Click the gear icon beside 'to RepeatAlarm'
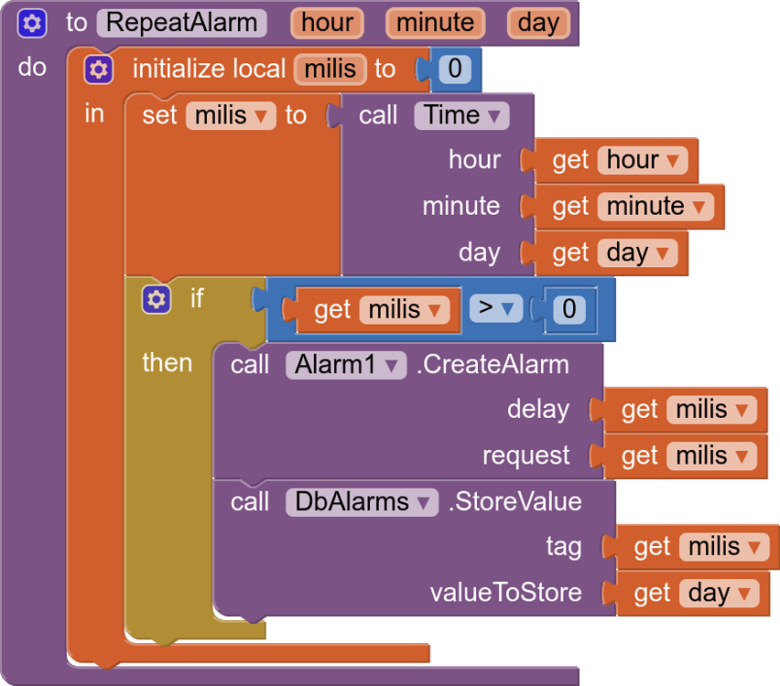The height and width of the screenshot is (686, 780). tap(32, 22)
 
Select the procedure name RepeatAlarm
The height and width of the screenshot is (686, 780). tap(181, 22)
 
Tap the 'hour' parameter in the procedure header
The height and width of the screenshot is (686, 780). tap(327, 22)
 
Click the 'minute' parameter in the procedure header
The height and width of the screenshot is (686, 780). tap(435, 22)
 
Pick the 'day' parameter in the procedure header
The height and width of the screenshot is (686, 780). tap(538, 22)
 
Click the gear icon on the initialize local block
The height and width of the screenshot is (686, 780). tap(98, 69)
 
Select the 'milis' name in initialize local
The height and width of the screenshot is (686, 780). tap(330, 69)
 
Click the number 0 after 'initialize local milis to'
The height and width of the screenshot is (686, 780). tap(454, 69)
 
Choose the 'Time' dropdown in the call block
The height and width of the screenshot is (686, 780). tap(461, 115)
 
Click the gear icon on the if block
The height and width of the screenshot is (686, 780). tap(157, 298)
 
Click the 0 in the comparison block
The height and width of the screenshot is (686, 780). tap(569, 309)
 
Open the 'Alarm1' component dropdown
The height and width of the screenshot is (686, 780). tap(345, 364)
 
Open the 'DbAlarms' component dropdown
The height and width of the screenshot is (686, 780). tap(361, 501)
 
